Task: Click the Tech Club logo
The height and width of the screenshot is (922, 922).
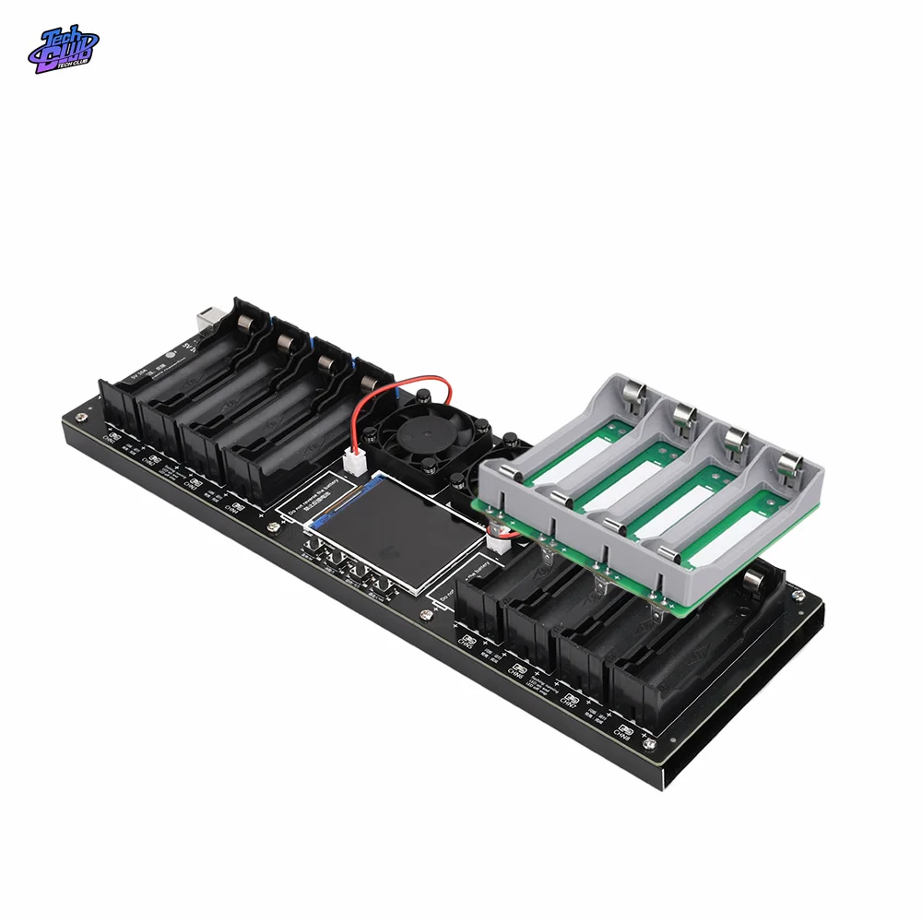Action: [62, 50]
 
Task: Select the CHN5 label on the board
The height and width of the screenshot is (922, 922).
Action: [467, 640]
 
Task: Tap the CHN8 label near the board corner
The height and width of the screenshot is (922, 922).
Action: [624, 732]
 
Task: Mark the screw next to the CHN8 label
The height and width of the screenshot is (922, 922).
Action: [652, 744]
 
